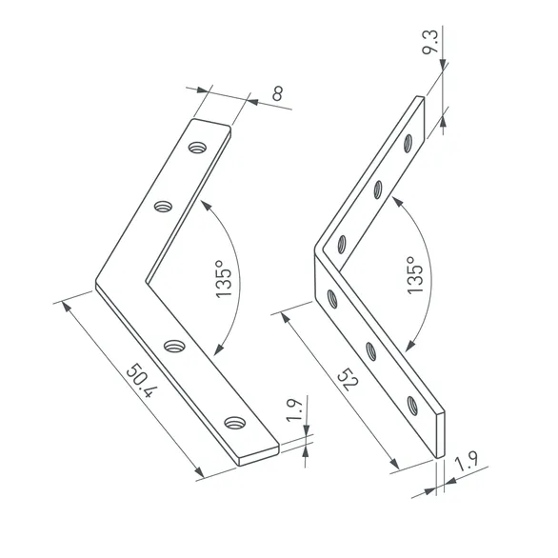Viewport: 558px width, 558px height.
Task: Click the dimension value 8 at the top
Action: pyautogui.click(x=277, y=94)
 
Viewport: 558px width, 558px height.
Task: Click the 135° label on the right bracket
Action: pyautogui.click(x=414, y=278)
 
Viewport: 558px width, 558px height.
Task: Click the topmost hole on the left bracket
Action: pyautogui.click(x=197, y=148)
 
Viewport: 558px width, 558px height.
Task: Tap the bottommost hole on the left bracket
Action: pyautogui.click(x=234, y=422)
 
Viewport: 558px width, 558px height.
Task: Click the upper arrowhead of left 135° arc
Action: pyautogui.click(x=201, y=202)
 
